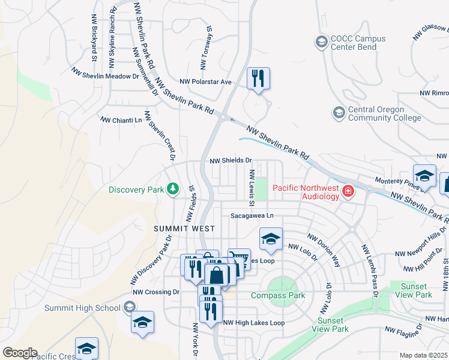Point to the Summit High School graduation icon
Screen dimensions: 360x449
129,308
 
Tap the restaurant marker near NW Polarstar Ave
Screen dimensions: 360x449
258,78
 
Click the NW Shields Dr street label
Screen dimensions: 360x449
231,161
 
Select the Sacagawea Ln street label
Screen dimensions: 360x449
252,216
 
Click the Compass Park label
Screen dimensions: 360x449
278,295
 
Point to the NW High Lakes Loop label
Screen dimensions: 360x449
253,323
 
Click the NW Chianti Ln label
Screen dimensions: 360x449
121,120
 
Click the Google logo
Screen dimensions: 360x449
20,352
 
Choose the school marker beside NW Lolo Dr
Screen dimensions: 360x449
271,239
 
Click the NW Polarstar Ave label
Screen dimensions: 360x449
205,82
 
